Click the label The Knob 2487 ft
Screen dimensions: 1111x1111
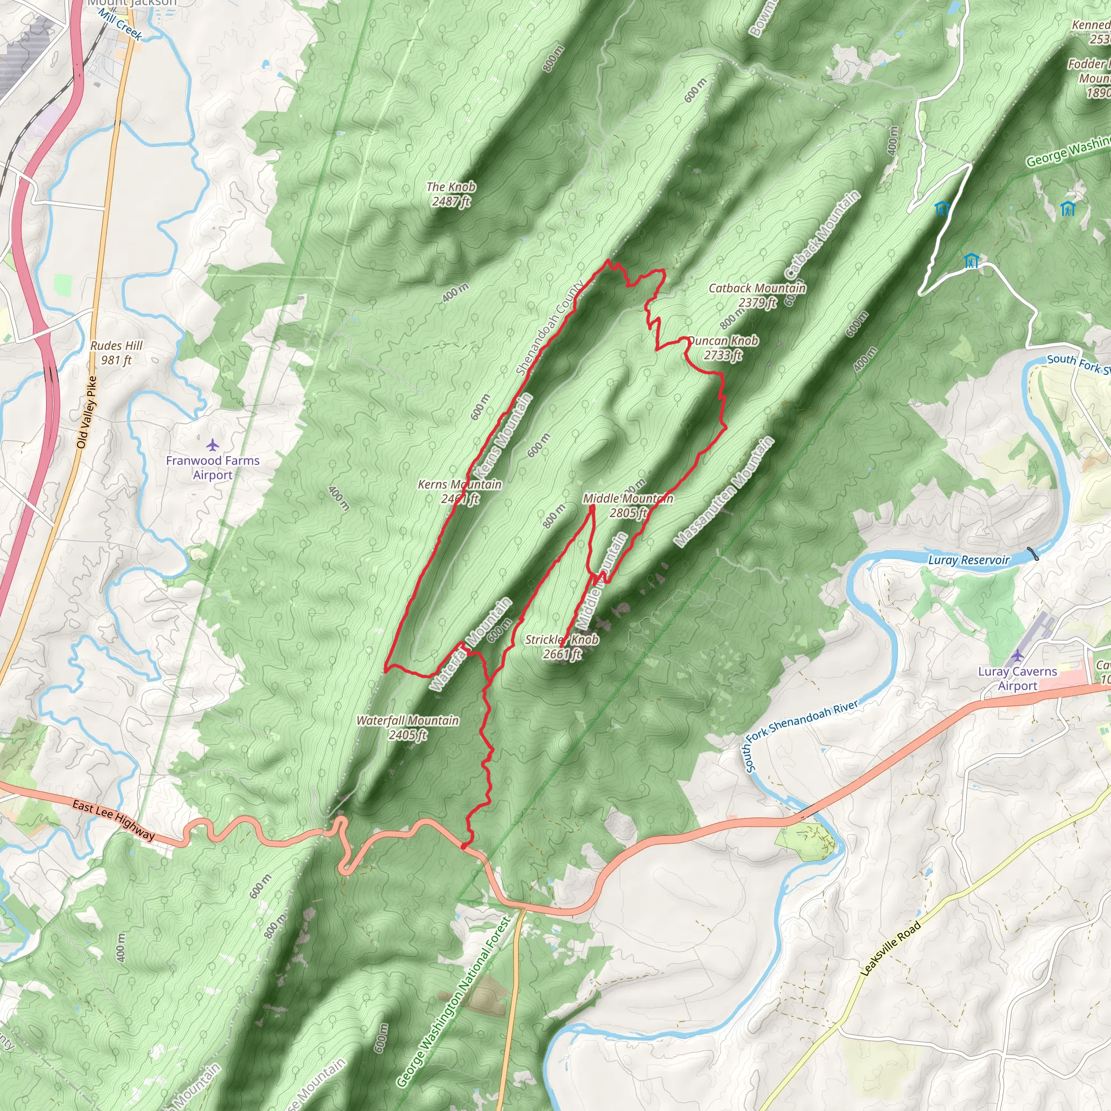tap(451, 194)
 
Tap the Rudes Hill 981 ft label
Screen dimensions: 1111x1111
tap(116, 353)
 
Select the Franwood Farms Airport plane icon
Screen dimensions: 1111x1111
tap(213, 444)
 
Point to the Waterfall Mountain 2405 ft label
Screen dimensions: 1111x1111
tap(407, 727)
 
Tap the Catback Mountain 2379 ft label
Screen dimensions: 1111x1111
tap(757, 295)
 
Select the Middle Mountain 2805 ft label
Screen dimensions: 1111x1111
tap(628, 506)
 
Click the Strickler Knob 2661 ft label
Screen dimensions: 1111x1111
tap(562, 646)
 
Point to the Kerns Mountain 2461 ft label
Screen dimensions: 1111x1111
tap(459, 491)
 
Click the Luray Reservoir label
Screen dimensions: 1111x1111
tap(968, 560)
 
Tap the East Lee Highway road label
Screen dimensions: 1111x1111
tap(113, 820)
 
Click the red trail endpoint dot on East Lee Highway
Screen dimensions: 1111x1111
tap(463, 846)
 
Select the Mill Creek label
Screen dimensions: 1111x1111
tap(120, 24)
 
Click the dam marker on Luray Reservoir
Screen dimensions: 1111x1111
tap(1033, 554)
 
